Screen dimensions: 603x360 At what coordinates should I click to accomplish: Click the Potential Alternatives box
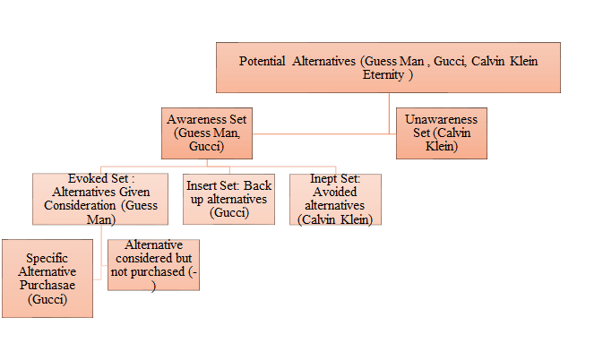388,68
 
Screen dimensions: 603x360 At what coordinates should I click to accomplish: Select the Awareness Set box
207,133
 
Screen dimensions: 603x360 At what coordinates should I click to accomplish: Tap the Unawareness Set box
442,133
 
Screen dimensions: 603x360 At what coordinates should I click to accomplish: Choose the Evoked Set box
100,199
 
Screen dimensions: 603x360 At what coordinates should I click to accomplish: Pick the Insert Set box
228,199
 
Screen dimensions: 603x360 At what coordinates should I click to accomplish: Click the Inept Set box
335,199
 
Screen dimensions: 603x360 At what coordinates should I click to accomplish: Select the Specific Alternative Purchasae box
47,279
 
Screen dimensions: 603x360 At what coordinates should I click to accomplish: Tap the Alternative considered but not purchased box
153,265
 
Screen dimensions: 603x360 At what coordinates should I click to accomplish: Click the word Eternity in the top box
383,74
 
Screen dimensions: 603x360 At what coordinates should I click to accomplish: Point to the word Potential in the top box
262,61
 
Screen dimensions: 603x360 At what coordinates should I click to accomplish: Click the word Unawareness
441,119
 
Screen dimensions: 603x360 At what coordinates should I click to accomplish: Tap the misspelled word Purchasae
47,285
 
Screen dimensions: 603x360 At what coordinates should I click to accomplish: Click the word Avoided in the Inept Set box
335,192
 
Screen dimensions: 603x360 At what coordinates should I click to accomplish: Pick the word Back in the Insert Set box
258,185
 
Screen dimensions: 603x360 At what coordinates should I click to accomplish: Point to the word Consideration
80,206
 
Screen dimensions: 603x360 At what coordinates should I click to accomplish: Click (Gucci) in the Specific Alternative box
47,299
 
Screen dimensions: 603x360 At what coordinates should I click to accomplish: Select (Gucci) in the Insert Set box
229,213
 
